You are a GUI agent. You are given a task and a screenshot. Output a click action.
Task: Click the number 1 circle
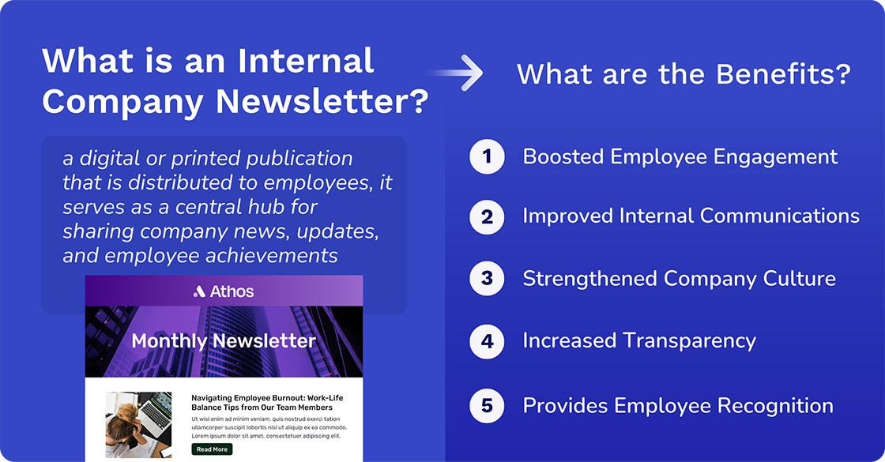point(487,156)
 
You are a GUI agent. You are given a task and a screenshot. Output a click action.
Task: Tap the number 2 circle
point(487,216)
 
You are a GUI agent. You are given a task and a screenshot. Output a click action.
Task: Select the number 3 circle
point(487,278)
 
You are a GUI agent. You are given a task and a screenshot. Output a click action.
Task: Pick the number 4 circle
point(487,340)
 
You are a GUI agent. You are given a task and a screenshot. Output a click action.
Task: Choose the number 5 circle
point(487,406)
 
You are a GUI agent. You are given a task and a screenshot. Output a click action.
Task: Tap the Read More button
point(212,449)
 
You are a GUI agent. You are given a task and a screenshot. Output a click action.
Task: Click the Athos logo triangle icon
point(199,291)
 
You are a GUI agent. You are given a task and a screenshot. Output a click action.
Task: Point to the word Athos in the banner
point(232,291)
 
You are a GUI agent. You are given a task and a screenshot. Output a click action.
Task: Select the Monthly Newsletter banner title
point(224,341)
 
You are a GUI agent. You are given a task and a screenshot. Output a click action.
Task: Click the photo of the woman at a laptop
point(139,425)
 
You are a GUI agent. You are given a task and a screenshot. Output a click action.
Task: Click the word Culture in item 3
point(798,278)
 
